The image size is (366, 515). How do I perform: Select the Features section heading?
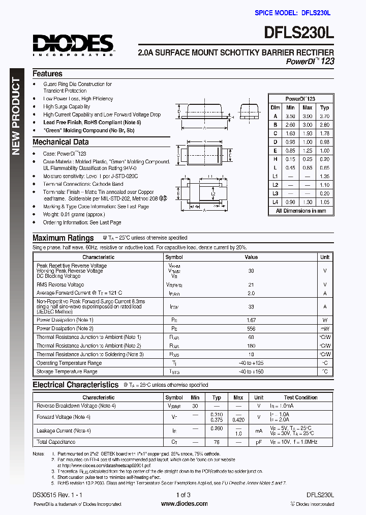click(47, 74)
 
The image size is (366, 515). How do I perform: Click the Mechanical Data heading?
click(60, 142)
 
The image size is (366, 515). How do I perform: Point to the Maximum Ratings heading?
click(63, 238)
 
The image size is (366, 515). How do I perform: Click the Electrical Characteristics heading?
click(75, 385)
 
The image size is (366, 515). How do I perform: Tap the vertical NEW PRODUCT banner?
click(16, 117)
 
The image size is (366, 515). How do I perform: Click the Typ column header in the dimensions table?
click(324, 107)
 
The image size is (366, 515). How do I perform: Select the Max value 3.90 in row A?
click(307, 116)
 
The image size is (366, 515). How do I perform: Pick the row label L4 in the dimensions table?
click(275, 202)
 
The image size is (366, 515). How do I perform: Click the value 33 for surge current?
click(251, 307)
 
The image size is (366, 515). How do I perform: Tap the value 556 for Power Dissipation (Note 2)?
click(251, 329)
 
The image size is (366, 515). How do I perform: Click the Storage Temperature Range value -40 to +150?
click(251, 372)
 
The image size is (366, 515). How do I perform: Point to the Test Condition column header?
click(300, 397)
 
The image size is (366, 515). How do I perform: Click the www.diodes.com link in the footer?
click(184, 504)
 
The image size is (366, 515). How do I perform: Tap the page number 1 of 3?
click(184, 495)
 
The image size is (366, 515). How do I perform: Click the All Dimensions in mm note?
click(301, 211)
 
